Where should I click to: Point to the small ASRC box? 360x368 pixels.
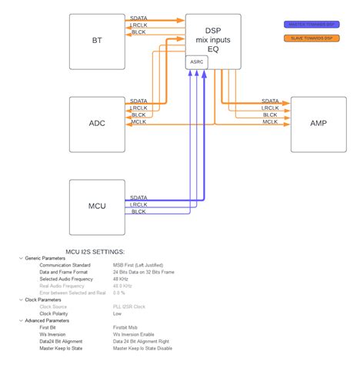[x=198, y=61]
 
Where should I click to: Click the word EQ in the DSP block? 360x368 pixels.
[x=213, y=48]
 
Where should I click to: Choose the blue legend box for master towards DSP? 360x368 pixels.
[x=308, y=25]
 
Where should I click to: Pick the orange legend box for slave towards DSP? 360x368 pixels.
[x=308, y=38]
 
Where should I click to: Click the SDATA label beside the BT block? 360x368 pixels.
[x=139, y=18]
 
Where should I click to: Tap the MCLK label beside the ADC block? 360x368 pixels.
[x=139, y=122]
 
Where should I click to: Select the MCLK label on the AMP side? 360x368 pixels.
[x=270, y=122]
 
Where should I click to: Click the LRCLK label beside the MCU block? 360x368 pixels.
[x=138, y=204]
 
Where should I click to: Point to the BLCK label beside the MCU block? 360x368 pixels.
[x=138, y=211]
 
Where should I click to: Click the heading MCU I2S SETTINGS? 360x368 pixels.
[x=95, y=251]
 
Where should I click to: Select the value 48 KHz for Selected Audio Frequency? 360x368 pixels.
[x=124, y=278]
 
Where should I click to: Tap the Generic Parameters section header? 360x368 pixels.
[x=45, y=258]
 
